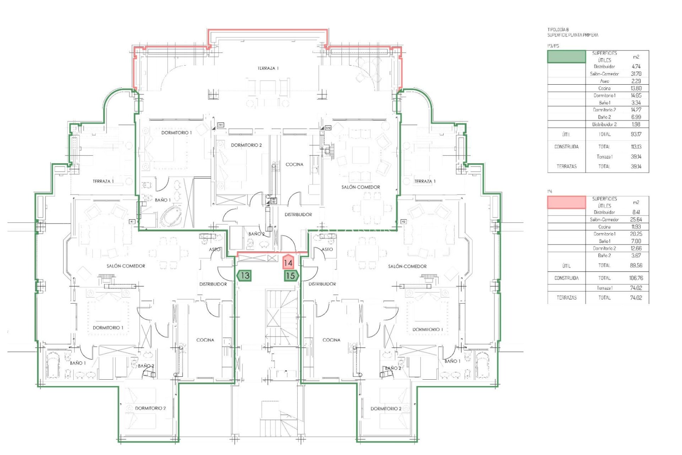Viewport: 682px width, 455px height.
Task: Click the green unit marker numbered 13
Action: coord(244,275)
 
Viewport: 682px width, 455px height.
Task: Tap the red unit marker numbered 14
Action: coord(288,263)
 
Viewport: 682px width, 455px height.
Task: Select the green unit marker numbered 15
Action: coord(291,275)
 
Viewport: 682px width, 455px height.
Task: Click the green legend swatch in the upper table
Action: coord(566,57)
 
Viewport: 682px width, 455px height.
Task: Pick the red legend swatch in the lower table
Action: coord(566,202)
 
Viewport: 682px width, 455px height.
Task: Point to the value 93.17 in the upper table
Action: coord(636,134)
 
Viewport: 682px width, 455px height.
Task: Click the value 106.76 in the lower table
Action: coord(636,278)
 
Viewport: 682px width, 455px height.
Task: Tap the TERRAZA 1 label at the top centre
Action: coord(268,68)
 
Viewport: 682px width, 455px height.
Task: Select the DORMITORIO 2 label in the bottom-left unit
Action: coord(150,408)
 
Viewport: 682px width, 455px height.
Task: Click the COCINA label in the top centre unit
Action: coord(294,164)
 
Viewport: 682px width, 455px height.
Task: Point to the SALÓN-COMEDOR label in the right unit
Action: coord(407,266)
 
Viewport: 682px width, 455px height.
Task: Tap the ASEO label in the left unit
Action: coord(214,249)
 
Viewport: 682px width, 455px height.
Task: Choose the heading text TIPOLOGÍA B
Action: coord(558,30)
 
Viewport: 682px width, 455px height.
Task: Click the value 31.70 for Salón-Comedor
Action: coord(636,74)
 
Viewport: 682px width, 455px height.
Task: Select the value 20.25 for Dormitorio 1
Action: coord(636,234)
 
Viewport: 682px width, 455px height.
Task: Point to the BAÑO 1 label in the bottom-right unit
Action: coord(452,361)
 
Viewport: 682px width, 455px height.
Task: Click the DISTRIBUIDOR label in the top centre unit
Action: coord(298,214)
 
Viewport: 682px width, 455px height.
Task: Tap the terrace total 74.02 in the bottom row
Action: coord(636,298)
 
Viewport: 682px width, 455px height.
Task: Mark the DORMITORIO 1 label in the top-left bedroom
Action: coord(176,133)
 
